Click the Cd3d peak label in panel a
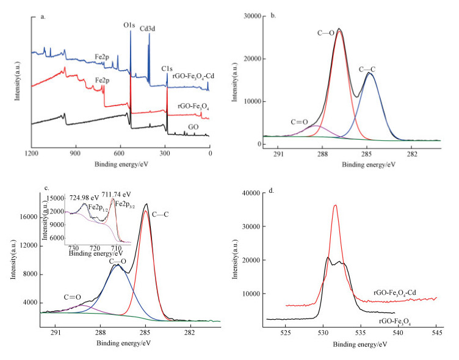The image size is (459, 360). pyautogui.click(x=150, y=27)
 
